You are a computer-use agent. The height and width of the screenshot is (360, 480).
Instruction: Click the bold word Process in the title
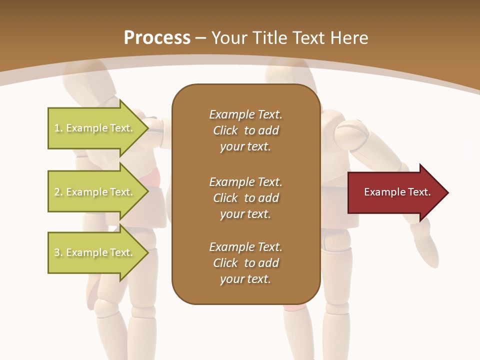point(157,37)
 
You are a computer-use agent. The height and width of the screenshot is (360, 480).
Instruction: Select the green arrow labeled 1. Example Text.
point(95,128)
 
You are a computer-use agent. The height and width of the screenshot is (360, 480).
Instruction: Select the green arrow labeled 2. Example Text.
point(95,192)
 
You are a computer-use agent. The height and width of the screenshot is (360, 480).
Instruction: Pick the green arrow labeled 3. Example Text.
point(95,252)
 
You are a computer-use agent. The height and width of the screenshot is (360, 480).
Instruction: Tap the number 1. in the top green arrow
point(58,128)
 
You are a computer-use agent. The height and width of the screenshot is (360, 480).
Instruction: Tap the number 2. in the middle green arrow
point(58,192)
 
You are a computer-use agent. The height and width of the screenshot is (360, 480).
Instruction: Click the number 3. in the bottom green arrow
point(58,252)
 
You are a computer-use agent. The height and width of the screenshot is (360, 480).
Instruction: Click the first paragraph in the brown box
point(245,130)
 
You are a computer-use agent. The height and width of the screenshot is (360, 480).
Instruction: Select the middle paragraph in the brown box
point(245,197)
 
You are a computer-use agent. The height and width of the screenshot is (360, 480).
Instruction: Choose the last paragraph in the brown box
point(245,263)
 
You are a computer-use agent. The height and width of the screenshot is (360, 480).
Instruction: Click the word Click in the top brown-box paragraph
point(225,130)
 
